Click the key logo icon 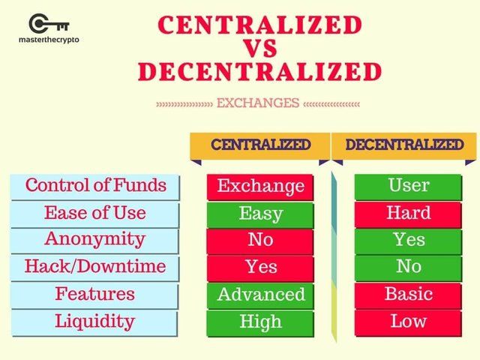pyautogui.click(x=49, y=23)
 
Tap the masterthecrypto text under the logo pyautogui.click(x=49, y=40)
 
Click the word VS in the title pyautogui.click(x=261, y=48)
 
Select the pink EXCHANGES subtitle pyautogui.click(x=258, y=103)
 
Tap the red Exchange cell pyautogui.click(x=260, y=187)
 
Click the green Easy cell pyautogui.click(x=260, y=214)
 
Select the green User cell pyautogui.click(x=408, y=187)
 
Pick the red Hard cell pyautogui.click(x=408, y=214)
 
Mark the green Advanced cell pyautogui.click(x=260, y=295)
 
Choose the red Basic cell pyautogui.click(x=408, y=295)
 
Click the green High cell pyautogui.click(x=260, y=323)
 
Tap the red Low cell pyautogui.click(x=408, y=323)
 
